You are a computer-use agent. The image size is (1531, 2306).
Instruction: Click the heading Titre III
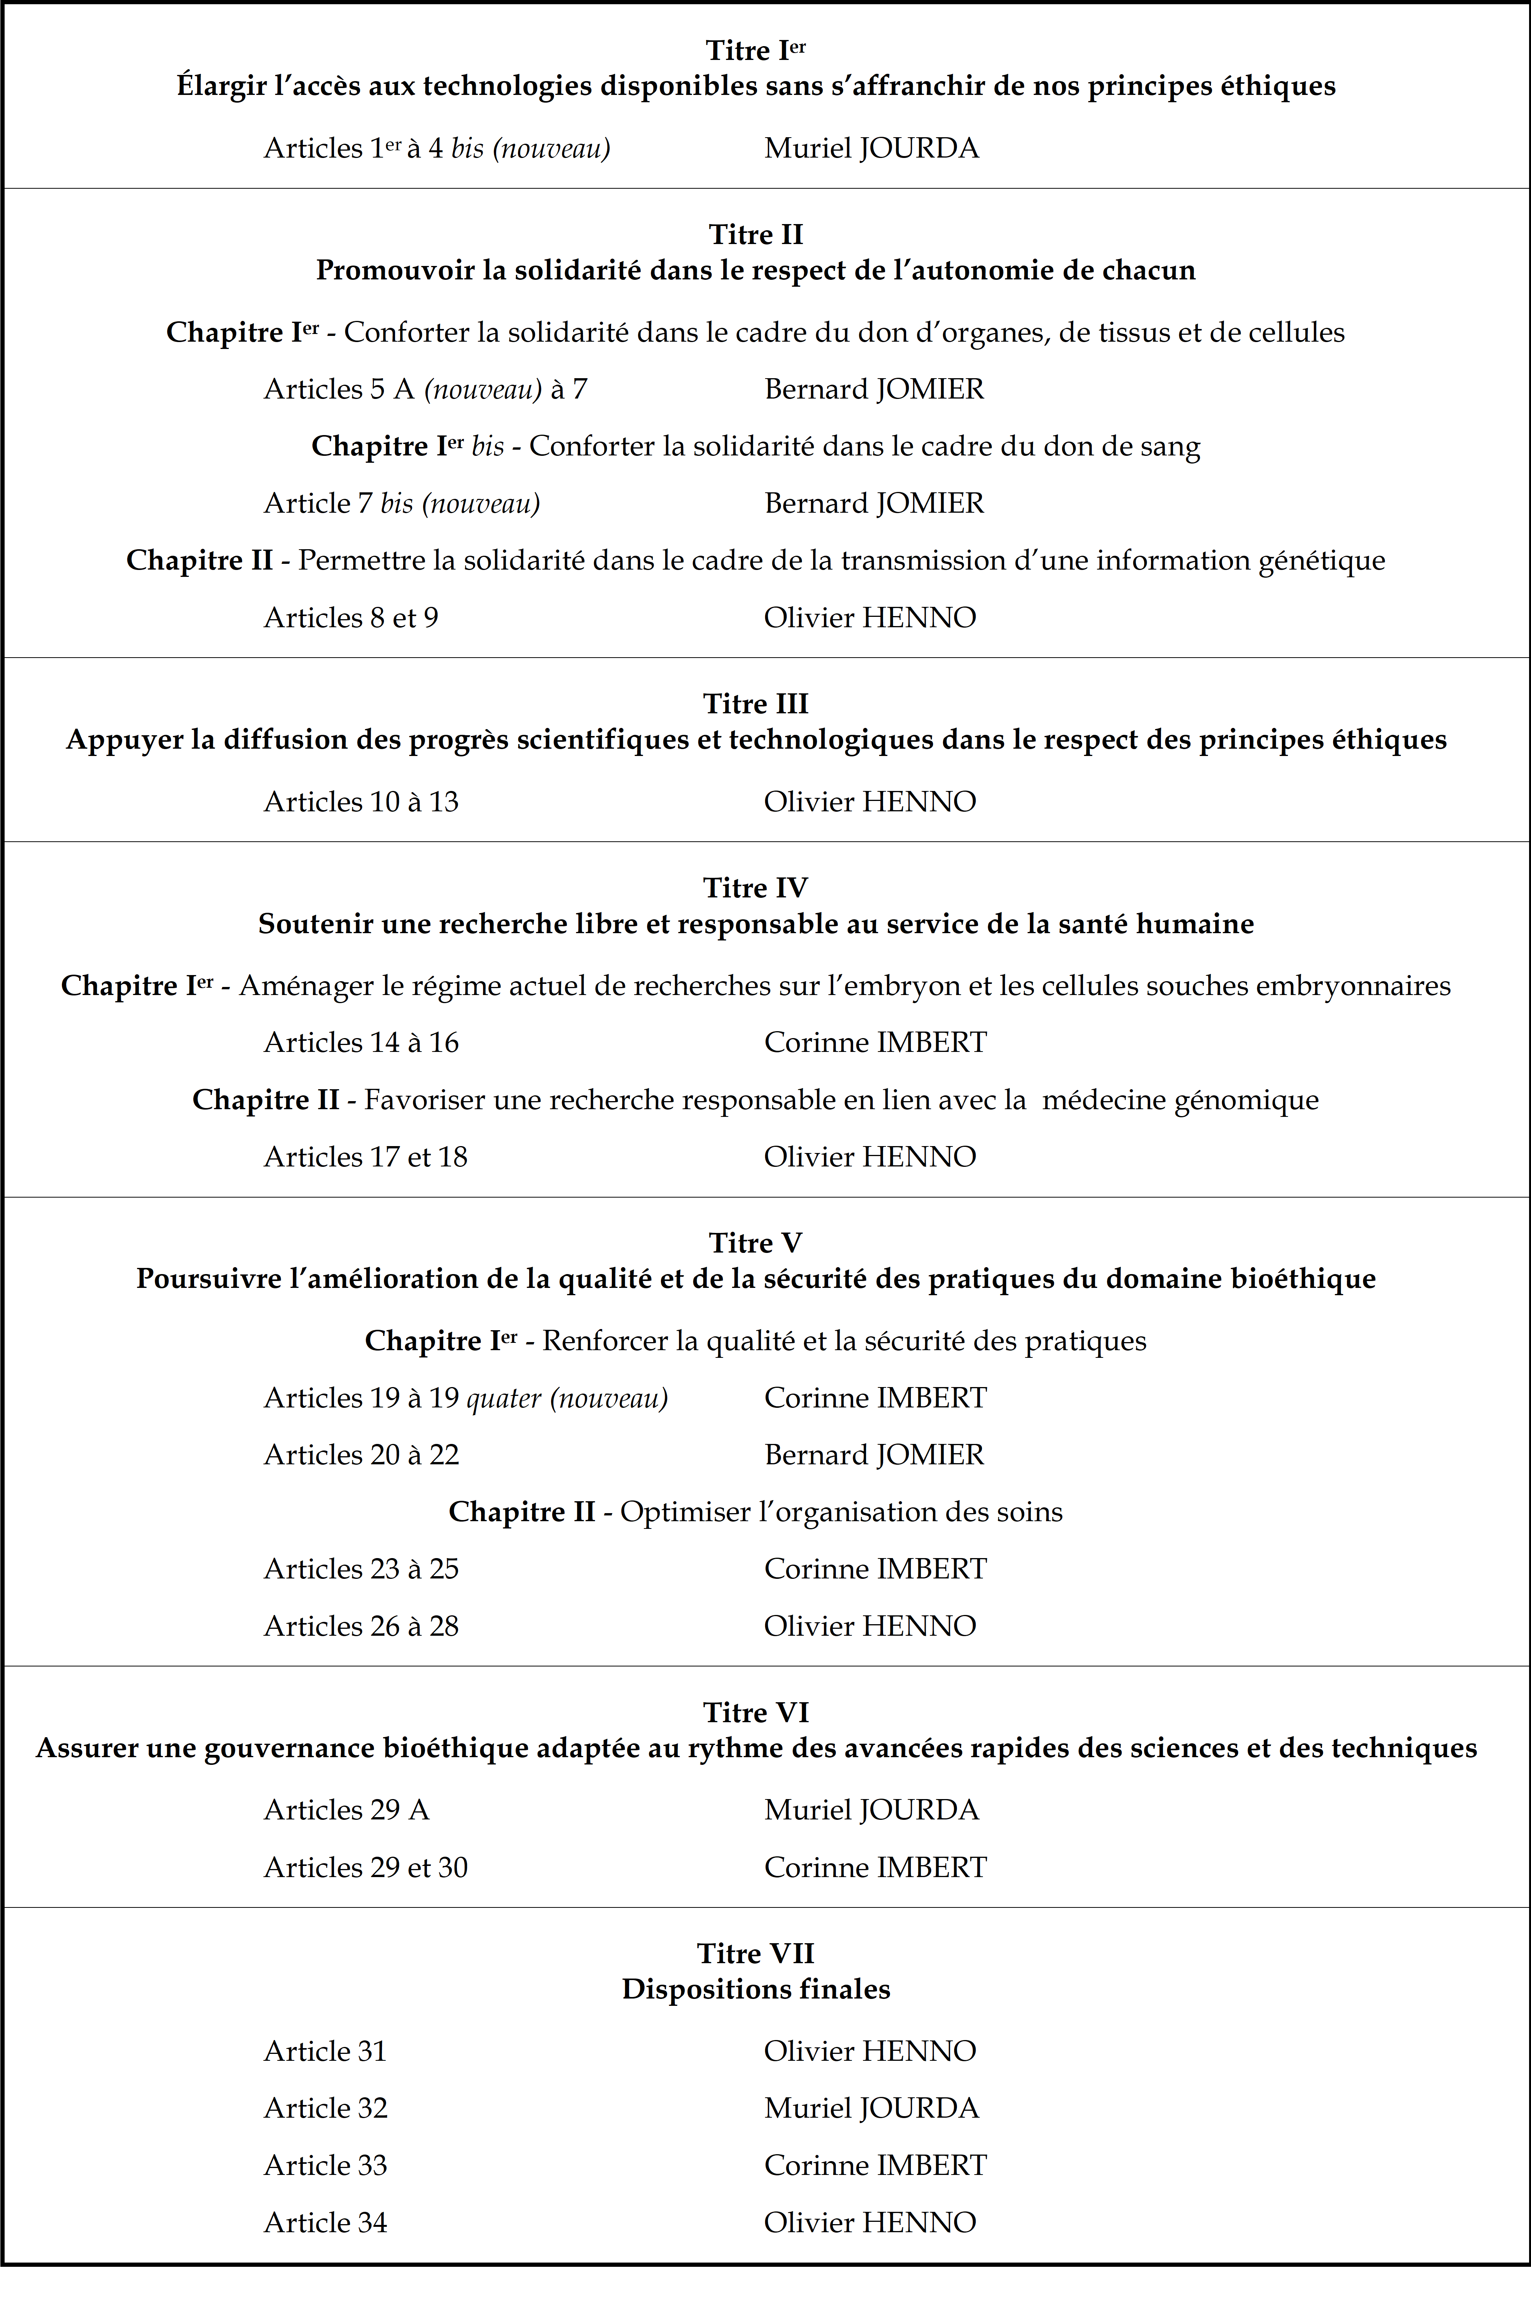point(756,704)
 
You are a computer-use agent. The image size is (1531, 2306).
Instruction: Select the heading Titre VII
point(756,1954)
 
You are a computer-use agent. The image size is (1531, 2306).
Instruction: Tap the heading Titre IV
point(756,887)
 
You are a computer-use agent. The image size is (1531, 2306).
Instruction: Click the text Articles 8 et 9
point(350,618)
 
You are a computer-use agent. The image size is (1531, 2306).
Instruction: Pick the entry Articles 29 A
point(347,1810)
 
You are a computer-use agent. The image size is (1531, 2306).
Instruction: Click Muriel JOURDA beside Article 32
point(871,2108)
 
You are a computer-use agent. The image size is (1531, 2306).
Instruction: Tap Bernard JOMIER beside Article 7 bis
point(874,504)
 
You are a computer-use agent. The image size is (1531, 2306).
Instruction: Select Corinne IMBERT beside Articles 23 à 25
point(875,1569)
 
